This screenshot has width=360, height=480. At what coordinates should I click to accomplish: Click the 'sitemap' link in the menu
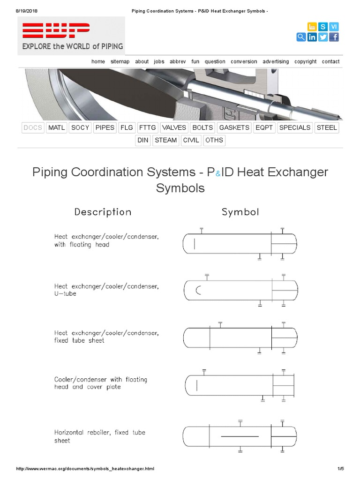point(120,61)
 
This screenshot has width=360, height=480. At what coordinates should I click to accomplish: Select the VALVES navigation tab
point(174,127)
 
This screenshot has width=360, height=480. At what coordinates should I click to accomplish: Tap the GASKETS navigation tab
point(234,127)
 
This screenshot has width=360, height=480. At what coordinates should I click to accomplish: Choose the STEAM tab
point(165,140)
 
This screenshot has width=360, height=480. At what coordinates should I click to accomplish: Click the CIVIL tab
point(191,140)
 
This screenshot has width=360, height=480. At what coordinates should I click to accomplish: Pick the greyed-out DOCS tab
point(33,127)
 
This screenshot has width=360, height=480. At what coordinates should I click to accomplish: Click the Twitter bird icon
point(323,37)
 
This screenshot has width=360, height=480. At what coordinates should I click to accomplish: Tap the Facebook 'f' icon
point(334,37)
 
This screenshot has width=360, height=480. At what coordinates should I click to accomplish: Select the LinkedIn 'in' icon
point(312,37)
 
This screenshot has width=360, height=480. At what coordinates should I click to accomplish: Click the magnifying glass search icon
point(301,37)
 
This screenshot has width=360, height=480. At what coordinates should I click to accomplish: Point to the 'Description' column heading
point(103,212)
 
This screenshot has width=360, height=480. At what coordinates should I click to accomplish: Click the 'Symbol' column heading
point(240,212)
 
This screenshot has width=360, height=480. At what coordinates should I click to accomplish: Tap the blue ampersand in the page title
point(217,173)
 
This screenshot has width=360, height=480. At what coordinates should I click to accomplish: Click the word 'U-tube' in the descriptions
point(65,293)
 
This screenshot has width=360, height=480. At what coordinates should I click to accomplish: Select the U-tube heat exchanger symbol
point(240,291)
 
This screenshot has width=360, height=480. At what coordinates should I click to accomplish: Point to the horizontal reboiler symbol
point(240,436)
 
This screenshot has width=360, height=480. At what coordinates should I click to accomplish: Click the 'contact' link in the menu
point(330,61)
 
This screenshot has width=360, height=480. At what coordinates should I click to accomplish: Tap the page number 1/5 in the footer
point(341,469)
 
